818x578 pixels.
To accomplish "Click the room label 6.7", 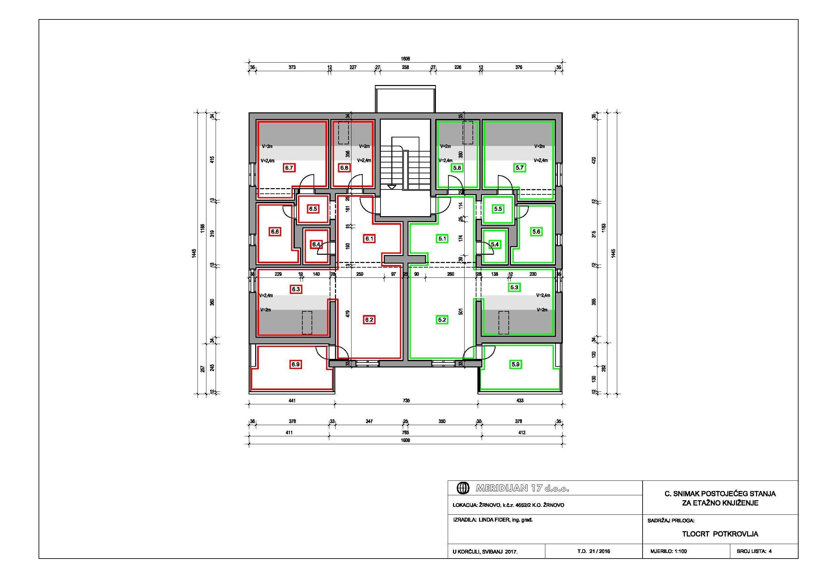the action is pos(289,167).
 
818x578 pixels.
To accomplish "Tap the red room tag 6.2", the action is pos(369,320).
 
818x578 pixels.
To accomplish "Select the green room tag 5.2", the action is pos(442,320).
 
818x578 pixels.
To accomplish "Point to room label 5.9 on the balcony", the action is pos(516,364).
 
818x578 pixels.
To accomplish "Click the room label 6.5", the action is pos(313,209).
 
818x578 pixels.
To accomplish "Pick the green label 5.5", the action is pos(498,209).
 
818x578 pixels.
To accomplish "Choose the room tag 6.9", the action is pos(295,364).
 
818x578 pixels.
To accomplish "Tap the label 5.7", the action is pos(520,167).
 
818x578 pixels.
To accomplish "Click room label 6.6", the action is pos(275,231).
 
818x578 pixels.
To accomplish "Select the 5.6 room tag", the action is pos(536,231).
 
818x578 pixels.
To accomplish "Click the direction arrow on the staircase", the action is pos(392,187).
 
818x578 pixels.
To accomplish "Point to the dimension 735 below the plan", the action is pos(406,400).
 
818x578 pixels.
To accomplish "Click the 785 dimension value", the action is pos(406,432).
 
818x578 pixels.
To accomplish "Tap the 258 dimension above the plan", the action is pos(406,67).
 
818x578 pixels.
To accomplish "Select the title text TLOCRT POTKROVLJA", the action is pos(720,534).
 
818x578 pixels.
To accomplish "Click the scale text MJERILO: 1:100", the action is pos(668,551).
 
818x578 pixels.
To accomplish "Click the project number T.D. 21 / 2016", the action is pos(593,551).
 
